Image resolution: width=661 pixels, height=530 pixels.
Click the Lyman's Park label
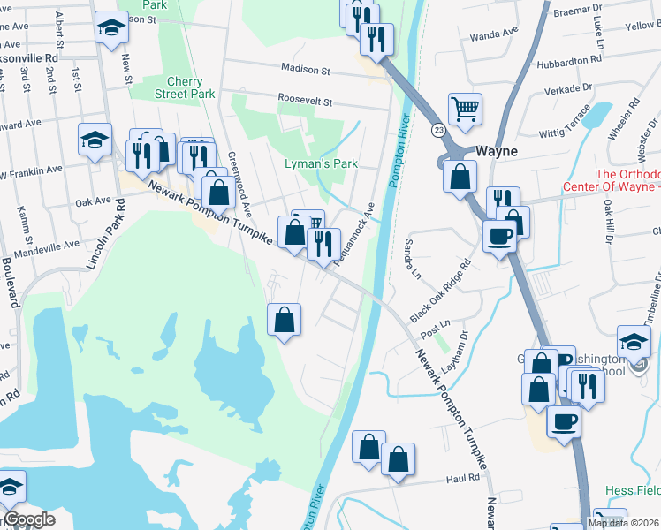click(x=321, y=163)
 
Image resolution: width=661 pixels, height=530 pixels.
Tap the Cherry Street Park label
click(x=185, y=87)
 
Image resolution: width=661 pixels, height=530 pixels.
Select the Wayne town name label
click(x=497, y=151)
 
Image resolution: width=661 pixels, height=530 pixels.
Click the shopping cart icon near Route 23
click(x=465, y=109)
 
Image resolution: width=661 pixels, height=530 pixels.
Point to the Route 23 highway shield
click(x=438, y=130)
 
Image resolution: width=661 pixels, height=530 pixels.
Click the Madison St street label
click(x=305, y=68)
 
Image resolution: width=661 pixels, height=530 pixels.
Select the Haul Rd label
click(x=462, y=478)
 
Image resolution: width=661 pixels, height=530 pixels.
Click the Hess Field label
click(x=633, y=490)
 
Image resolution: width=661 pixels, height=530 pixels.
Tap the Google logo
click(x=29, y=519)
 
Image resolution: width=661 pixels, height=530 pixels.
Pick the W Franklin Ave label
click(x=32, y=170)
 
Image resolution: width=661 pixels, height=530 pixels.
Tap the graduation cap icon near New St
click(x=112, y=28)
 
